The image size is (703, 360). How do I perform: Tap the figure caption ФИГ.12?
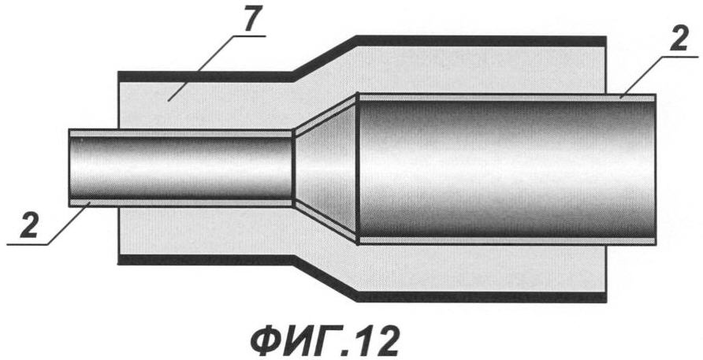coord(324,342)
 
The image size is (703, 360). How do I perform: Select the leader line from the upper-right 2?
coord(660,76)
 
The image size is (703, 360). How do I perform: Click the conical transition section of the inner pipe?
coord(325,168)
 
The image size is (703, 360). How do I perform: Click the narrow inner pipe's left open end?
coord(70,168)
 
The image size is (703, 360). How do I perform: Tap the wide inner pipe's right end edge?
coord(655,169)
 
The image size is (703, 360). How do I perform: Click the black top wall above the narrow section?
coord(206,76)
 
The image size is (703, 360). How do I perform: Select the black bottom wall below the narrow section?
coord(206,260)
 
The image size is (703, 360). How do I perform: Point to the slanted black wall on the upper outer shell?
coord(325,58)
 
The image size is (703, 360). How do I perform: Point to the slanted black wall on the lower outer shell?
coord(325,278)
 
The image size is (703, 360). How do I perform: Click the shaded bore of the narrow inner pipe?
coord(181,168)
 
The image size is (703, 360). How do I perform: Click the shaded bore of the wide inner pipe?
coord(506,169)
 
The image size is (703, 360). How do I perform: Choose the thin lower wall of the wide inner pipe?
coord(507,240)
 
